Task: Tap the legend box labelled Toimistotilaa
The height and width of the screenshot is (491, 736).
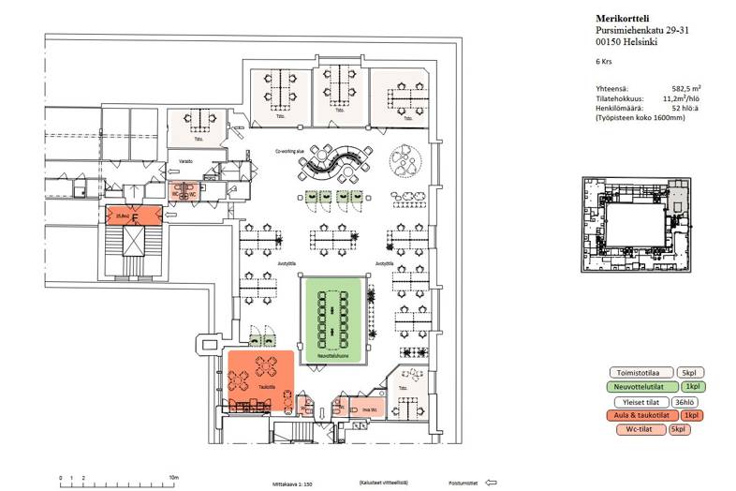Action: click(x=638, y=372)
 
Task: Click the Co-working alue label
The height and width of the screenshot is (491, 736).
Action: click(x=290, y=150)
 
